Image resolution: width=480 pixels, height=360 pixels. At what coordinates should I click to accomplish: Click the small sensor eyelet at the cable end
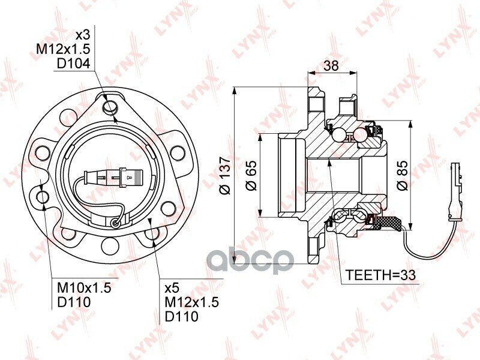click(x=115, y=223)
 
